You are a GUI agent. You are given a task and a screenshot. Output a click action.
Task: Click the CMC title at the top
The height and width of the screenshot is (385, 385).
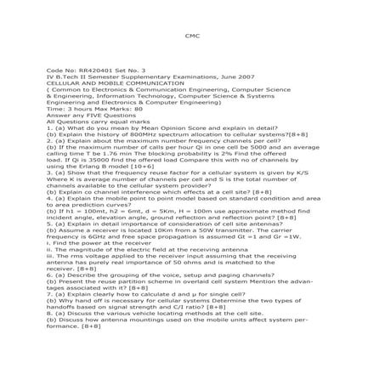tap(191, 37)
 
